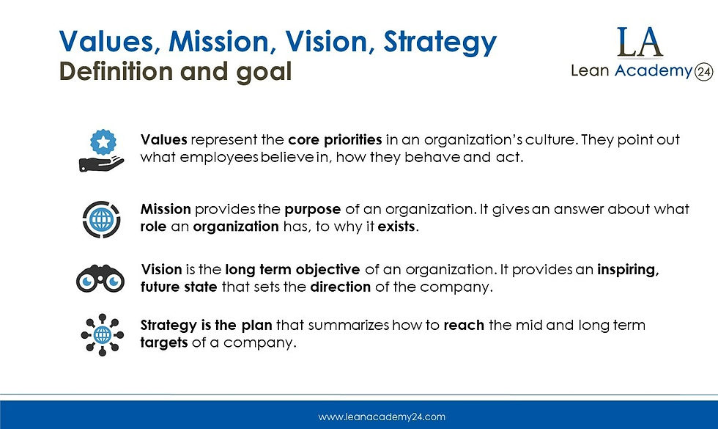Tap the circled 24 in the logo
pos(704,71)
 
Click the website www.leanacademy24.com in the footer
pos(381,417)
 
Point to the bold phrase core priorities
pos(334,140)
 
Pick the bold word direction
pos(340,287)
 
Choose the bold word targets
pos(164,342)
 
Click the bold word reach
pos(464,325)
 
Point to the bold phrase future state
pos(178,287)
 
